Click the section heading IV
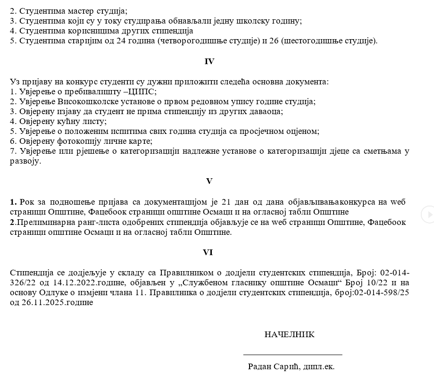tap(209, 61)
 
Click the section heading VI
tap(208, 253)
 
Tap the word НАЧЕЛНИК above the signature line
tap(289, 334)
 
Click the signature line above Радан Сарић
tap(292, 354)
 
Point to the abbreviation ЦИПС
tap(142, 91)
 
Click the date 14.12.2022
tap(54, 282)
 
